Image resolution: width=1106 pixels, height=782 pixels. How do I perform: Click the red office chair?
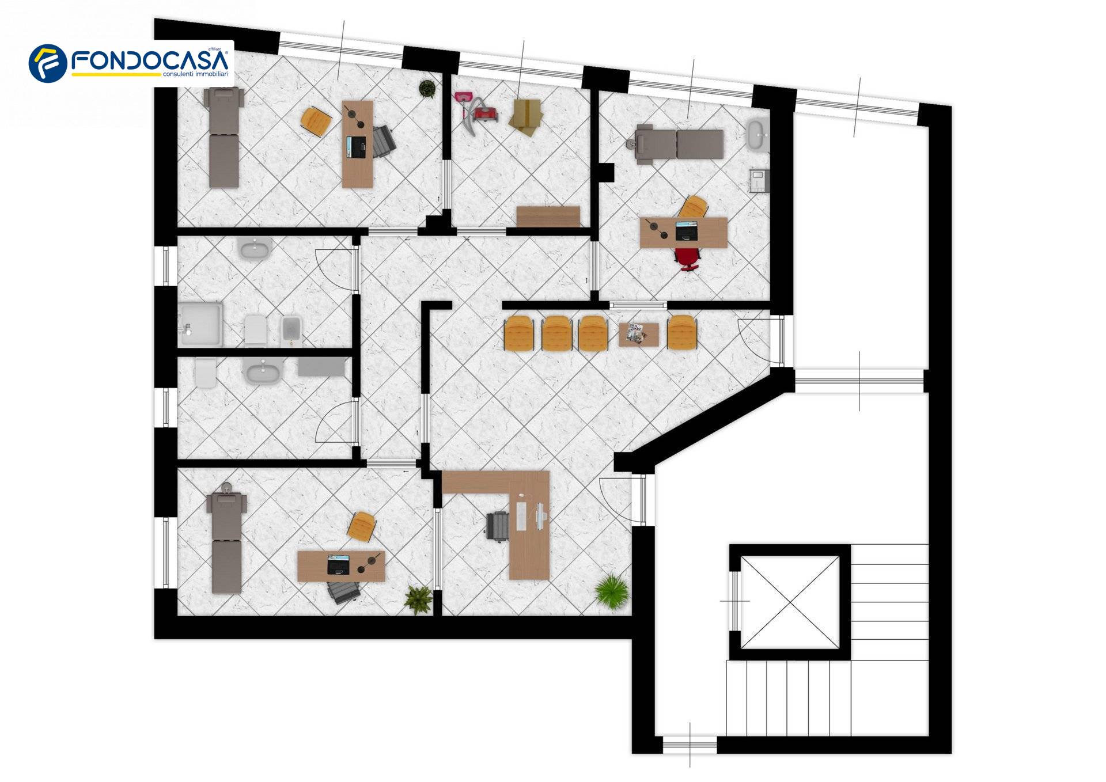687,259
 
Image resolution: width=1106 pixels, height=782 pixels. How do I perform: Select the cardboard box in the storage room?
525,116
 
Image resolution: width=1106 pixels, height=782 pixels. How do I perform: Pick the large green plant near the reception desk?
611,590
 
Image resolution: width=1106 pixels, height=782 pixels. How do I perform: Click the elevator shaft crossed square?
790,602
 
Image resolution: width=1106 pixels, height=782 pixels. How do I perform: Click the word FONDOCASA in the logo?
150,60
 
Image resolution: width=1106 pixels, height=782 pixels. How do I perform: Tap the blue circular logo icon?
48,63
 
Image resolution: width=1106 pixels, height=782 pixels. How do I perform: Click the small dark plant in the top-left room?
427,89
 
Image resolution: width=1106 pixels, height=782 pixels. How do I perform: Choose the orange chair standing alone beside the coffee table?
682,333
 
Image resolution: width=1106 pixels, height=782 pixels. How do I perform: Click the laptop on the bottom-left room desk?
339,564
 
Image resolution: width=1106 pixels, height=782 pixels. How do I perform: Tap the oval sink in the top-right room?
757,135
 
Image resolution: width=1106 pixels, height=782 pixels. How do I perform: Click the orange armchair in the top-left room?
316,122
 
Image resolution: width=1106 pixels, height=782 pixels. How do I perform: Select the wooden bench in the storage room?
548,217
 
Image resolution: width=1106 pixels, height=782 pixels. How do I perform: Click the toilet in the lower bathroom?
204,373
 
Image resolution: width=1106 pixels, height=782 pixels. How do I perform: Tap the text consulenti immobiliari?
196,74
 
